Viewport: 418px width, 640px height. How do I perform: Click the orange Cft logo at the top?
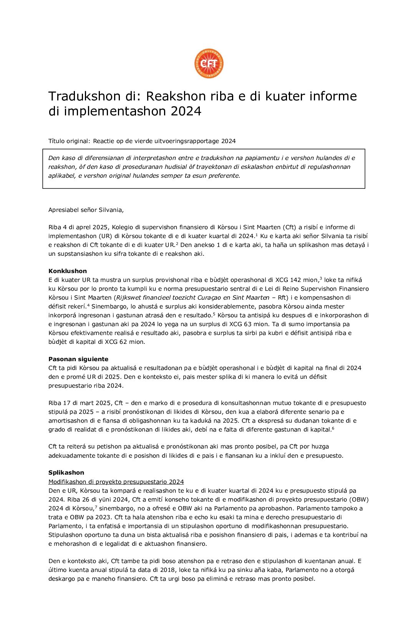209,63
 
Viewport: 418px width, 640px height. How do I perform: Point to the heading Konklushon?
68,271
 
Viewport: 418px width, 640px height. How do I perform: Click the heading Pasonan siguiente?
78,359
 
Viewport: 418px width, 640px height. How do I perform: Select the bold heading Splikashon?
66,473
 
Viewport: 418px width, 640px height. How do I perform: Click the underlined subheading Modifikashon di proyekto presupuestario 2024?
116,482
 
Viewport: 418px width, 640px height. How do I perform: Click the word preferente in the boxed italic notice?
224,176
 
